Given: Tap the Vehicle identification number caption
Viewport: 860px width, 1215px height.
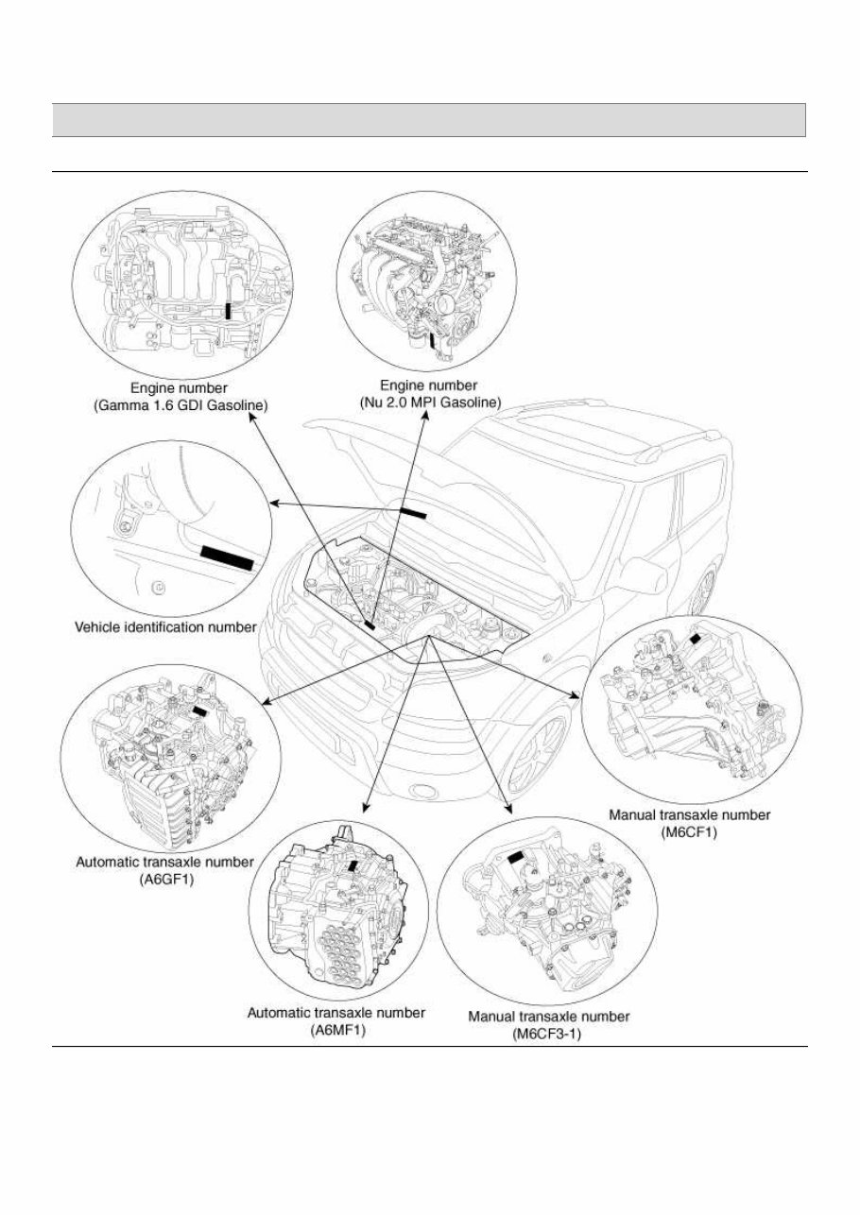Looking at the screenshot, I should point(165,626).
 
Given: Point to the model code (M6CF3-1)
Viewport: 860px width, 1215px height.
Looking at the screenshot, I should point(549,1034).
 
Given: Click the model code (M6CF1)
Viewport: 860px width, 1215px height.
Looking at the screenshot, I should point(690,830).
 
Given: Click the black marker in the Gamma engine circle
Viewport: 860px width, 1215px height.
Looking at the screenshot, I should point(229,315).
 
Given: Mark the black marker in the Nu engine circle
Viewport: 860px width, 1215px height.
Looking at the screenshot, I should point(431,339).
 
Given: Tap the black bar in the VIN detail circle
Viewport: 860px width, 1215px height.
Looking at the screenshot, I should point(228,557).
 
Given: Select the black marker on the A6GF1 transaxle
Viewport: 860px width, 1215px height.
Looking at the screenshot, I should point(200,711).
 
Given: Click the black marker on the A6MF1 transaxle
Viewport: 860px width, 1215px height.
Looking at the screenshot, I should point(353,864).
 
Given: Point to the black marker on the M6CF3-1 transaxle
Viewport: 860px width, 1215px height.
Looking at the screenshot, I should point(517,857).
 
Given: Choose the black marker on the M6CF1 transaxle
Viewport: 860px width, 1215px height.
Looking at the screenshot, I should point(699,639).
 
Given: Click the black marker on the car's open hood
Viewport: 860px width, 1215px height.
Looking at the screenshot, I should point(413,512).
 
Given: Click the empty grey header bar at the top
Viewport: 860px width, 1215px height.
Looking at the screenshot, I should point(429,120).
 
